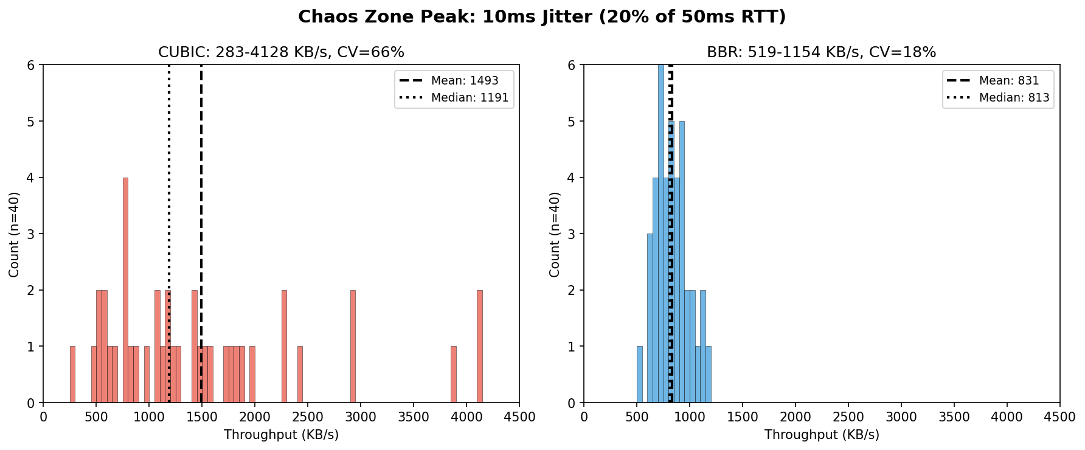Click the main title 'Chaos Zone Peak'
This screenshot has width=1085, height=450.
click(541, 16)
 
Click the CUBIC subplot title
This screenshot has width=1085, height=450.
click(281, 52)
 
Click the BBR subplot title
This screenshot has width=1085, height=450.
click(821, 52)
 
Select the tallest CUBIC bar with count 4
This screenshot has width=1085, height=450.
click(125, 290)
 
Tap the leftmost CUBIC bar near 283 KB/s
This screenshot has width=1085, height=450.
click(72, 375)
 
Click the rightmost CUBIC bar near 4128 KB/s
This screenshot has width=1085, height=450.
click(479, 347)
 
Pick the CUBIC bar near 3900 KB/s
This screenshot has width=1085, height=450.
click(453, 375)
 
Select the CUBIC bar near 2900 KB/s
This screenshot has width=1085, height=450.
click(353, 347)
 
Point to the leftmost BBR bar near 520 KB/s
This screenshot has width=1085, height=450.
click(639, 375)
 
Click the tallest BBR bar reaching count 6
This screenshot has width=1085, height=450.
click(661, 234)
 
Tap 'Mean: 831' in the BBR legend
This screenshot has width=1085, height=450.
click(1008, 81)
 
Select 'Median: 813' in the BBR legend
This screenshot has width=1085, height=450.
click(1014, 98)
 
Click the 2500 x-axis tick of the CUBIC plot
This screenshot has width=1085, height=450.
click(308, 417)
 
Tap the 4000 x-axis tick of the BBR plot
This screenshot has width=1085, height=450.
click(1007, 417)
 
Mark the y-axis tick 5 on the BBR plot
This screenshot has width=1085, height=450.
click(572, 122)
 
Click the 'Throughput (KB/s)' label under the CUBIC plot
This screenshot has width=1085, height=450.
click(281, 435)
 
